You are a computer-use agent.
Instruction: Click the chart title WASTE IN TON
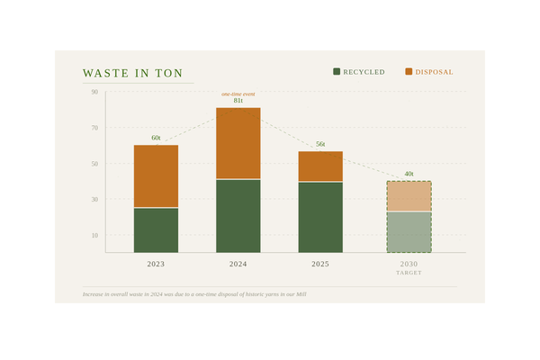[133, 73]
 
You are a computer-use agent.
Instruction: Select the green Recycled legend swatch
[337, 71]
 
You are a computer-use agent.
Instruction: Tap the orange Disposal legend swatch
[409, 71]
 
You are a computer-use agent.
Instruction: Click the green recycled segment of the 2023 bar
[156, 230]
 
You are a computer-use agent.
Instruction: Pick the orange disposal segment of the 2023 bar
[156, 176]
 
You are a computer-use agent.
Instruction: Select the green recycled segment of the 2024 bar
[238, 216]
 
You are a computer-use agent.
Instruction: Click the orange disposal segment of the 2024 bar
[238, 143]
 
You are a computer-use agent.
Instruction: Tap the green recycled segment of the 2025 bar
[320, 217]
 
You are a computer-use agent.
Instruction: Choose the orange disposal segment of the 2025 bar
[320, 166]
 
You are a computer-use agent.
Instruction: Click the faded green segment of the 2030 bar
[409, 232]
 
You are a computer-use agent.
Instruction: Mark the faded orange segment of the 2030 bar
[409, 196]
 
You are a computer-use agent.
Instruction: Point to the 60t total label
[156, 138]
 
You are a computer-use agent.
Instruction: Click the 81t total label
[238, 101]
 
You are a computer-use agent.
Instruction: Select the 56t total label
[320, 144]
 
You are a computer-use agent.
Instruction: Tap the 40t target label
[409, 174]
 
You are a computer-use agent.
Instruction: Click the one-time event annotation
[238, 94]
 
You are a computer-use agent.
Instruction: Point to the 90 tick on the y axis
[94, 92]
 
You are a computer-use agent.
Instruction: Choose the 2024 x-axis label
[238, 265]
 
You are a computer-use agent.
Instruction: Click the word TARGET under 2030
[409, 273]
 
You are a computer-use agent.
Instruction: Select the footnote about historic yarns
[194, 294]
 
